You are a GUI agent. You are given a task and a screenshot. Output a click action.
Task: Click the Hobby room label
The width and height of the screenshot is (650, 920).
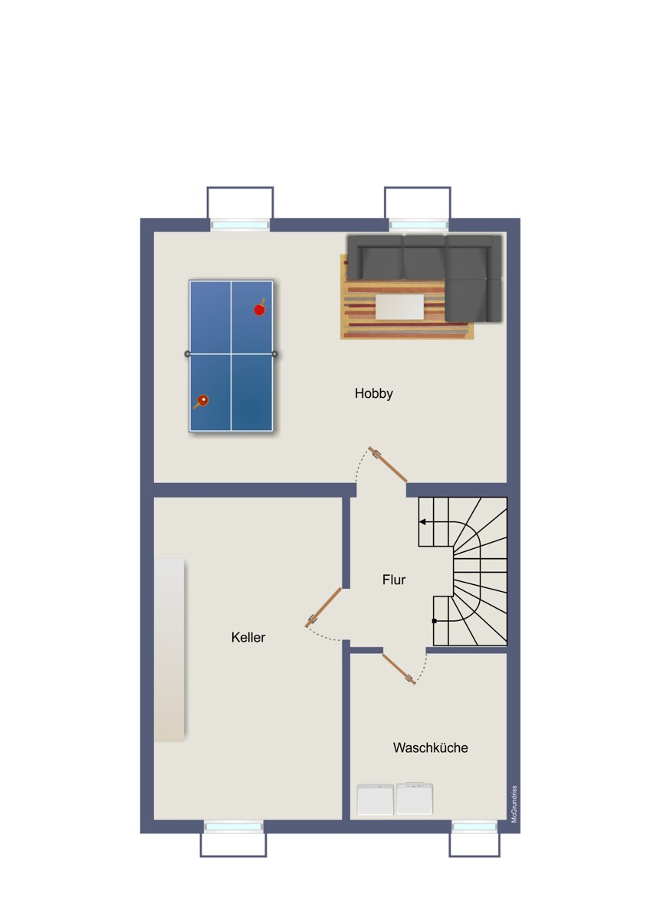point(373,393)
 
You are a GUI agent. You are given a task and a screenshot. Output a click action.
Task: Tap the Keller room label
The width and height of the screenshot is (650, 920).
point(248,637)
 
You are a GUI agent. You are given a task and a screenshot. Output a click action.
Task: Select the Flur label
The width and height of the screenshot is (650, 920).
point(394,580)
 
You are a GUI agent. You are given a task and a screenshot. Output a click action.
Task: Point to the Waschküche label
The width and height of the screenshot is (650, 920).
point(430,747)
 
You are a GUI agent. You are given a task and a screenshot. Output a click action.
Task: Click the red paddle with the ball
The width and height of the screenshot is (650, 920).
point(202,400)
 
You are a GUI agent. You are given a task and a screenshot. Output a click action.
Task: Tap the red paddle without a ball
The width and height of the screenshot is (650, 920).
point(260,308)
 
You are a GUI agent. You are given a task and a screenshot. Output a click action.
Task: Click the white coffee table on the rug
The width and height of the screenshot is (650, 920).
point(399,307)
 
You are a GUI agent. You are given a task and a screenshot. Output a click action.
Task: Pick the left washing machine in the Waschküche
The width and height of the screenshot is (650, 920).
point(376,799)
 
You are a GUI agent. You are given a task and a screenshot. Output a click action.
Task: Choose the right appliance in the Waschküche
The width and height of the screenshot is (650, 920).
point(414,799)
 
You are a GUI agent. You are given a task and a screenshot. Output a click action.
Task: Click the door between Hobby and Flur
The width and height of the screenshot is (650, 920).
point(388,465)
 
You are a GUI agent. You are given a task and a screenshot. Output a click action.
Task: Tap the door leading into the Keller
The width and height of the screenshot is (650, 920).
point(323,607)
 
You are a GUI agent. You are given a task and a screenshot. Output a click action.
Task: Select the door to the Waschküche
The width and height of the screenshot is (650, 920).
point(399,668)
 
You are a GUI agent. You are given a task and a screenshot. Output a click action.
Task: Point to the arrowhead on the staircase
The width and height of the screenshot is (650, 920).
point(422,521)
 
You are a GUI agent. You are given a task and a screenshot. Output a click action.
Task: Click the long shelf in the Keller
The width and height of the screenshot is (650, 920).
point(169,649)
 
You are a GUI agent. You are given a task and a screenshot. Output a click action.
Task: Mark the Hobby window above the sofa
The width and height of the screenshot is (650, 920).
point(418,225)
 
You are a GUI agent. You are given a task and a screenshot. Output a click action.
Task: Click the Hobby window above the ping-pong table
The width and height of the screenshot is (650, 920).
point(240,225)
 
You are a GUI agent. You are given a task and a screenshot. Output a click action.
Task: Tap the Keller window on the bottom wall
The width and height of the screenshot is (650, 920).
point(233,826)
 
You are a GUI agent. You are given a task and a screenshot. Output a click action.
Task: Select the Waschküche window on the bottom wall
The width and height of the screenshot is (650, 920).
point(474,826)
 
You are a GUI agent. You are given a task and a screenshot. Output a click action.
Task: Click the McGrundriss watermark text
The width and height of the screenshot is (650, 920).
point(514,803)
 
